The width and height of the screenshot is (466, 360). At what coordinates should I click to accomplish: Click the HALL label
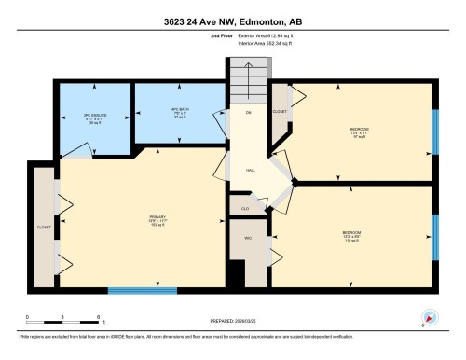pyautogui.click(x=251, y=171)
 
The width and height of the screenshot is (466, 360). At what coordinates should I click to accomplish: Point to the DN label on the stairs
pyautogui.click(x=248, y=112)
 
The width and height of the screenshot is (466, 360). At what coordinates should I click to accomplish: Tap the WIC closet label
pyautogui.click(x=248, y=239)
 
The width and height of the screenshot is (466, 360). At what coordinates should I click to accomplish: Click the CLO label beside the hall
pyautogui.click(x=245, y=208)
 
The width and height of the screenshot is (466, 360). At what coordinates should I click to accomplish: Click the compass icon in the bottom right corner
pyautogui.click(x=430, y=317)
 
